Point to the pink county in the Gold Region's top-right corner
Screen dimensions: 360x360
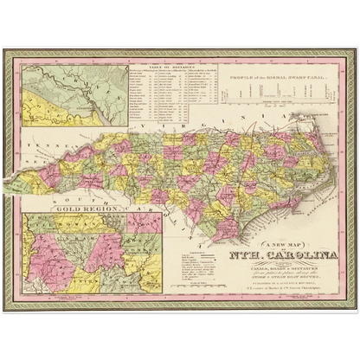[x=142, y=222]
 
